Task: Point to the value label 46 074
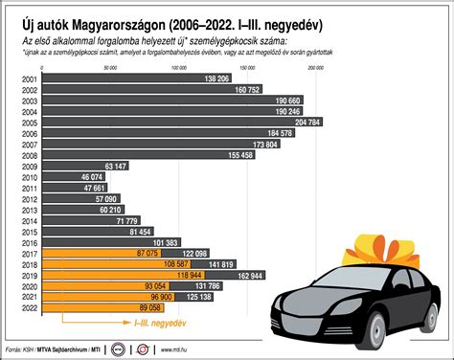pos(90,178)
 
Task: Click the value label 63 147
pos(114,165)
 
